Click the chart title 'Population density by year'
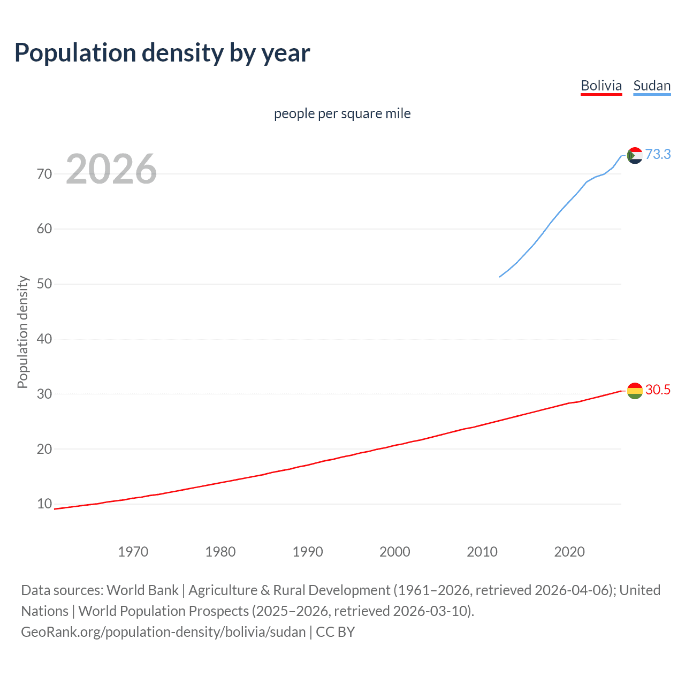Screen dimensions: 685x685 (162, 53)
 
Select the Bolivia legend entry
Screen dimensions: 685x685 (601, 86)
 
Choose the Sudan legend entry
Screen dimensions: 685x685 (651, 86)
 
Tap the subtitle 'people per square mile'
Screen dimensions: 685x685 (342, 113)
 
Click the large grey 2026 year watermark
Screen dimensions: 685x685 (111, 169)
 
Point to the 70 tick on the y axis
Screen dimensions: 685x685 (44, 174)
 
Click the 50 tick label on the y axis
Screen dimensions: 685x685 (44, 284)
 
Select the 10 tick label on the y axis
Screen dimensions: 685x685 (44, 504)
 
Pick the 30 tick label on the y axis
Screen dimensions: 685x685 (44, 394)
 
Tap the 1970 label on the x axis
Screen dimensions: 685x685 (133, 552)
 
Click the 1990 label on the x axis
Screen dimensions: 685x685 (307, 552)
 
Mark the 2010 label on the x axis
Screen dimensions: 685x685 (482, 552)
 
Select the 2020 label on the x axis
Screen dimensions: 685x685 (569, 552)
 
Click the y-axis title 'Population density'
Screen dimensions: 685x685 (22, 332)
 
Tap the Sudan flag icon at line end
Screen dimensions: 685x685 (635, 155)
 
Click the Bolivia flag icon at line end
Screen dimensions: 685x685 (635, 391)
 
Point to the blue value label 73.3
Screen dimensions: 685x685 (658, 154)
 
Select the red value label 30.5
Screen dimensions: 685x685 (658, 390)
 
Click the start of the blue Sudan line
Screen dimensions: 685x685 (500, 277)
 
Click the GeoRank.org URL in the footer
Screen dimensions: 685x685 (163, 632)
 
